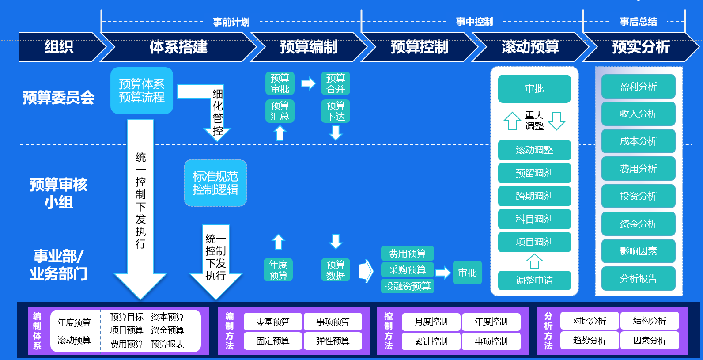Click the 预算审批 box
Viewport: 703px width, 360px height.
280,83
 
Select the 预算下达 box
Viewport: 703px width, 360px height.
336,111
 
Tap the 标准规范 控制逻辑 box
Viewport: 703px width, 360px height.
215,183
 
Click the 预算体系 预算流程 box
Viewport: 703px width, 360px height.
142,91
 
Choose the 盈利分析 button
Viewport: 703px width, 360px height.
638,87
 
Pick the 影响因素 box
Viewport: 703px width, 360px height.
638,251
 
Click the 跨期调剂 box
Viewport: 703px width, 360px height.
534,196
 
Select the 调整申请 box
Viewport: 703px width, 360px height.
534,280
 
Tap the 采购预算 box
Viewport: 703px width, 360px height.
407,270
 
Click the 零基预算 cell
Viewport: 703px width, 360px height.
273,322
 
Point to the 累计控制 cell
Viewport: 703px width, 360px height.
431,341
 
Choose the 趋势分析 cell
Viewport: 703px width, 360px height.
590,341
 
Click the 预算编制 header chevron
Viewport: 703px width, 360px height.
309,47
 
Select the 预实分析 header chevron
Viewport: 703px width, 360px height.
641,47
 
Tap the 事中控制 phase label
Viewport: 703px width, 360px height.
474,22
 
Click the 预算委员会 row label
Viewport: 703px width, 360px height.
59,98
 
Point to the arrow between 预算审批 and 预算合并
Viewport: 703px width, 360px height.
308,83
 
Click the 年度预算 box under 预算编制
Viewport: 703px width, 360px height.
278,270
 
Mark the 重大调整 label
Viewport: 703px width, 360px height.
534,121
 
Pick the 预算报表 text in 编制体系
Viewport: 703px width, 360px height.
167,344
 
